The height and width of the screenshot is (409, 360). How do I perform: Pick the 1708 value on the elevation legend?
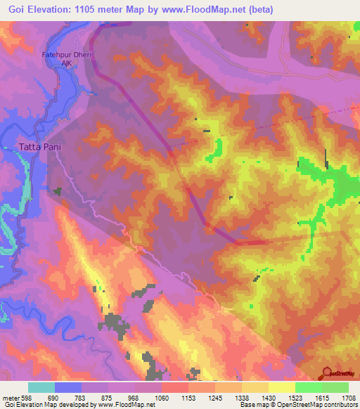[x=349, y=397]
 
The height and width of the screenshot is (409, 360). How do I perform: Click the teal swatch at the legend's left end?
[x=41, y=387]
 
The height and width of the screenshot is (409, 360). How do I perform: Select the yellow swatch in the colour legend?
[x=281, y=387]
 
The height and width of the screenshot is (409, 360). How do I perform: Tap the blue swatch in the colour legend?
[x=68, y=387]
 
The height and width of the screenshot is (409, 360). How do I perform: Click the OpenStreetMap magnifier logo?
[x=327, y=374]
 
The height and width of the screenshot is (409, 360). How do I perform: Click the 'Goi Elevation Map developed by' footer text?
[x=48, y=405]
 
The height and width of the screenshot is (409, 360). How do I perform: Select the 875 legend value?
[x=108, y=397]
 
